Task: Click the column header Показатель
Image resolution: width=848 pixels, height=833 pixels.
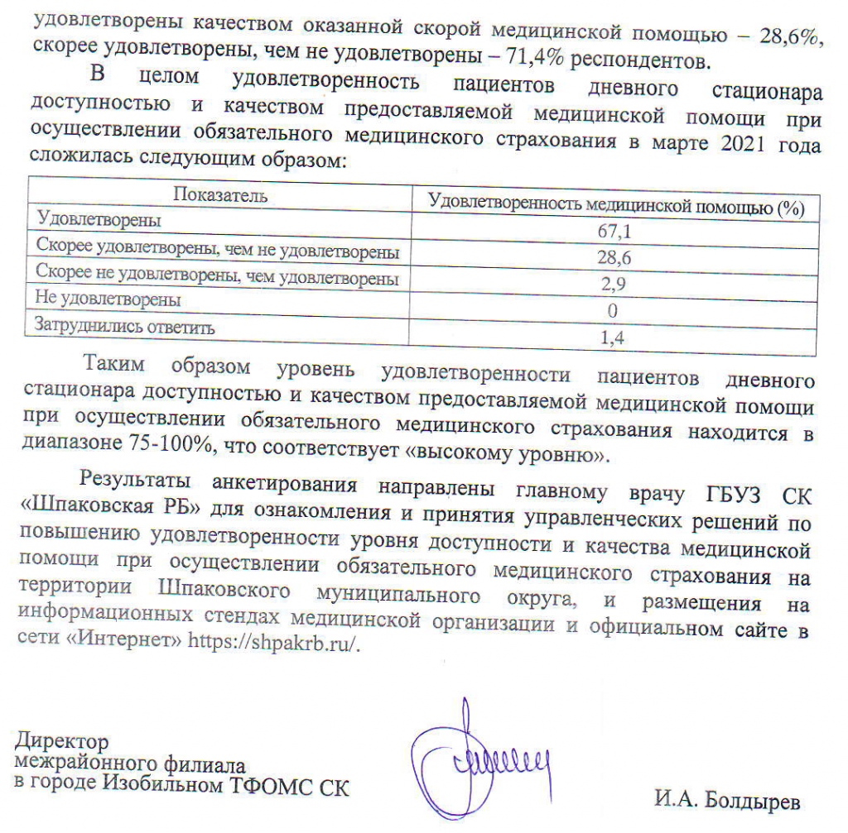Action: pyautogui.click(x=219, y=196)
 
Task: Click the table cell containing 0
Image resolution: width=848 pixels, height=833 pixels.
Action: pyautogui.click(x=614, y=312)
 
